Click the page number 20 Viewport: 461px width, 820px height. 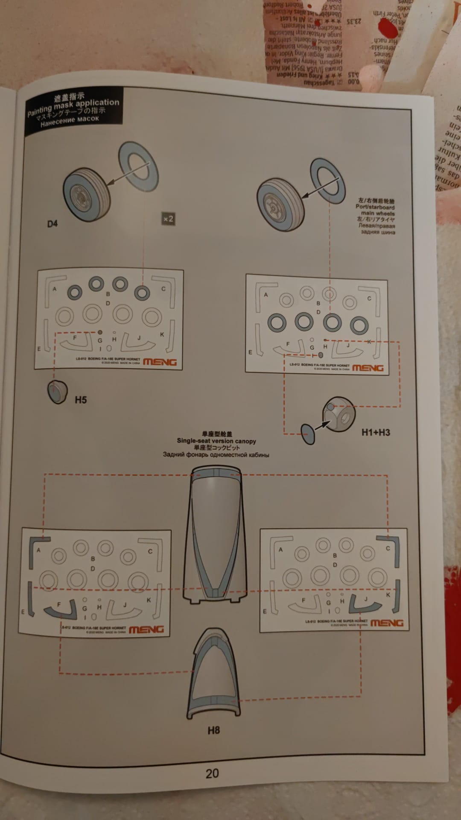212,773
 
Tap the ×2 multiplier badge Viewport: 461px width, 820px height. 168,219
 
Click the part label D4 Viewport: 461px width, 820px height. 52,224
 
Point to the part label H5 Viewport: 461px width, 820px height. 81,400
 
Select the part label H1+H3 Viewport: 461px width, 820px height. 376,432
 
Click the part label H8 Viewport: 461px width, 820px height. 213,730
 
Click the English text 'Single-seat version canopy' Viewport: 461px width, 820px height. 216,441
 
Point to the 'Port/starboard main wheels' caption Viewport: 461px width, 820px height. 376,210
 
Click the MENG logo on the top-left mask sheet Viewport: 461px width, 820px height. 160,362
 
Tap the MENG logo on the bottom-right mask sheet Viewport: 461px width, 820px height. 387,623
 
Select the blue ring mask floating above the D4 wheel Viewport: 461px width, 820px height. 138,166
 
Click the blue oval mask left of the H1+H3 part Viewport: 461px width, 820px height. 308,434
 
